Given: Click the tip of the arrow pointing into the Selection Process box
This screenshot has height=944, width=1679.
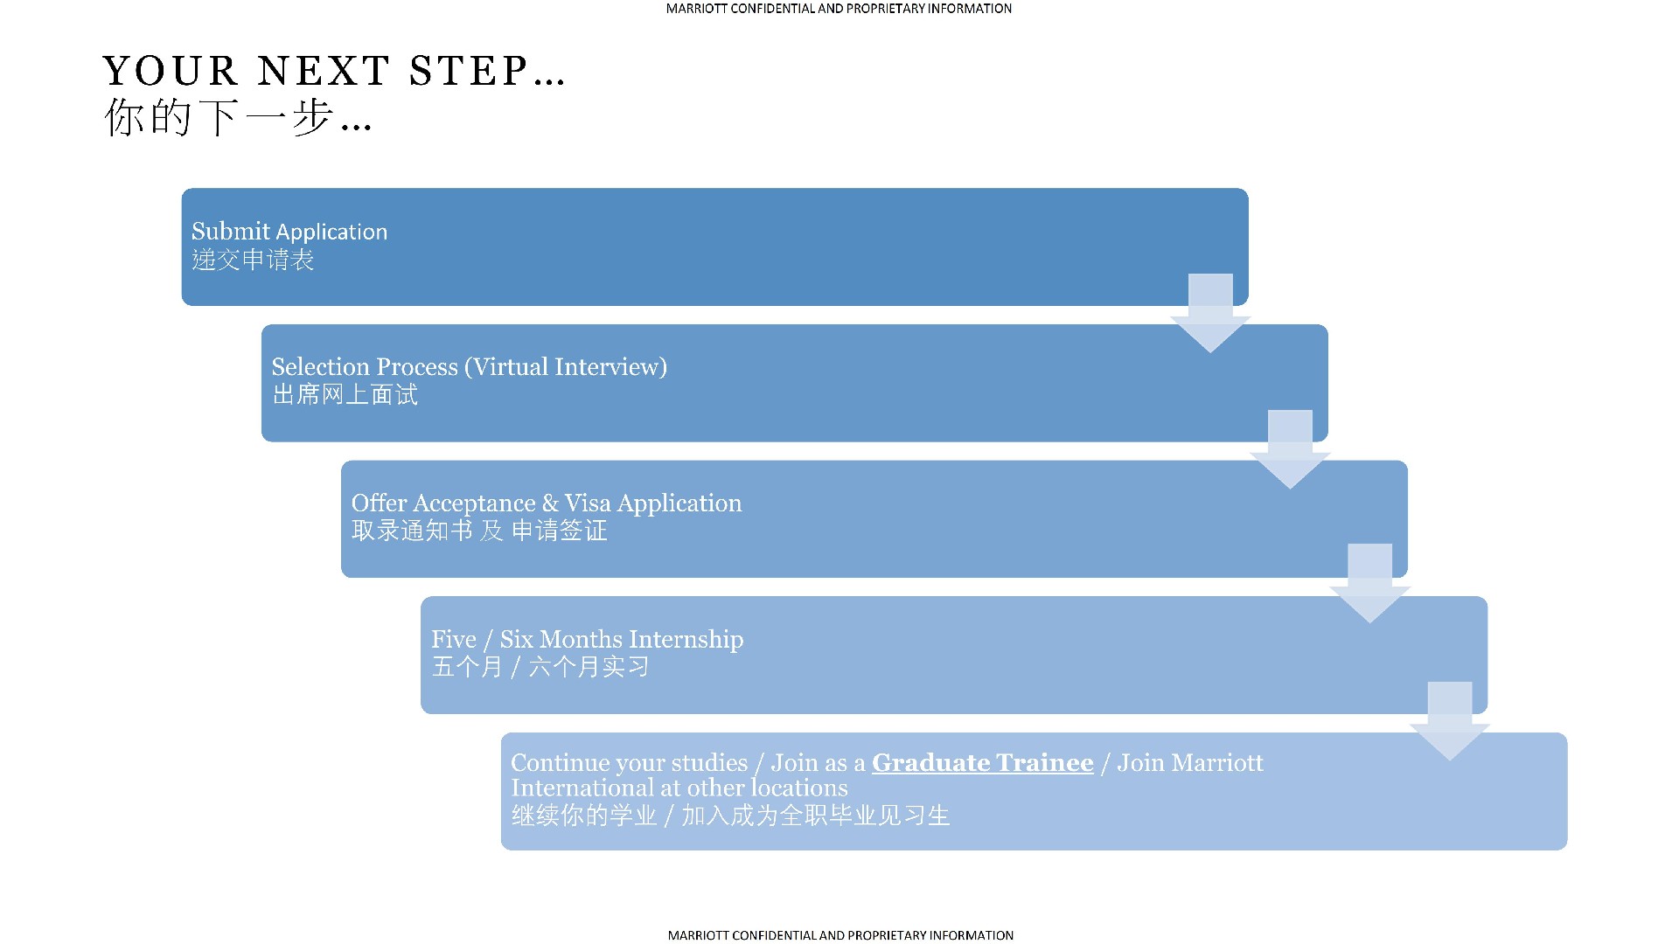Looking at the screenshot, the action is coord(1210,353).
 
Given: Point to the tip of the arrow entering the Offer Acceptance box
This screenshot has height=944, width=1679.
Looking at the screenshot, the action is coord(1290,489).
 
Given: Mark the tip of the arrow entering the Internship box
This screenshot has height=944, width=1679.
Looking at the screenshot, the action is coord(1369,623).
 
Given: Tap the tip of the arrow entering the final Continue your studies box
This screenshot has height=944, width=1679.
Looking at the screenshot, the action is coord(1450,760).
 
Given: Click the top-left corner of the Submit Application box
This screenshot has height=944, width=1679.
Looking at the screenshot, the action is coord(182,189).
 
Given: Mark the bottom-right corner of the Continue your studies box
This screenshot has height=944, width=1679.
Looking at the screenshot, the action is coord(1567,850).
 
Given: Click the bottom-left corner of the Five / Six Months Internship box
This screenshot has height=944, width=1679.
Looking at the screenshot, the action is coord(421,713).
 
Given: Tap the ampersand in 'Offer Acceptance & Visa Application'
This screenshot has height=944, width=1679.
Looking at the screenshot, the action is coord(550,503).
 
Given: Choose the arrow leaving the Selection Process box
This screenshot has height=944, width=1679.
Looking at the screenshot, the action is coord(1290,449).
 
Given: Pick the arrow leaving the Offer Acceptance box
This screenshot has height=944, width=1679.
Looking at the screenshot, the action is coord(1369,584).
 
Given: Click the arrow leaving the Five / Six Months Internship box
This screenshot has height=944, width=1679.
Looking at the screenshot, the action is coord(1450,721).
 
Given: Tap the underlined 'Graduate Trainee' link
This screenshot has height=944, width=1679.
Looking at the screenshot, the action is coord(983,763).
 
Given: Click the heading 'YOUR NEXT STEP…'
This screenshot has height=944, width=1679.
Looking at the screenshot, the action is coord(334,71).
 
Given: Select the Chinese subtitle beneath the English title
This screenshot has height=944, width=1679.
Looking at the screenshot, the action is coord(238,117).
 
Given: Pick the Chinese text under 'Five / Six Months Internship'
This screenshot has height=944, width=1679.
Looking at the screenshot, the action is coord(540,667).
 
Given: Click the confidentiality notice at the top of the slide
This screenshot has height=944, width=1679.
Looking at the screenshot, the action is coord(839,9).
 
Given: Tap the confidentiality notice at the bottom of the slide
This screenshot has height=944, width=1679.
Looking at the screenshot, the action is coord(840,935).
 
